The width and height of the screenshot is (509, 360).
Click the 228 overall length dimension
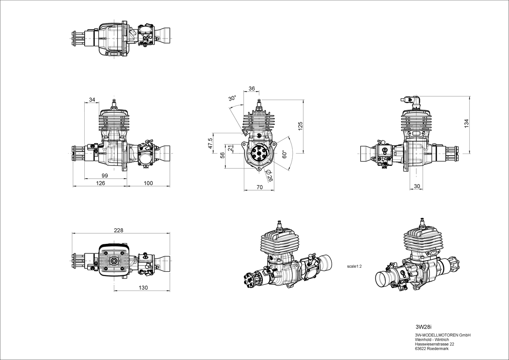point(119,230)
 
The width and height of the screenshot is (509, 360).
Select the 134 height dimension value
point(466,123)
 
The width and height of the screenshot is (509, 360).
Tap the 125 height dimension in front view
point(301,126)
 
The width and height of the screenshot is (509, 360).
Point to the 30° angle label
point(232,99)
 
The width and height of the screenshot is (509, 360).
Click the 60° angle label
point(284,154)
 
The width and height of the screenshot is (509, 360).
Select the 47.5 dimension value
point(211,143)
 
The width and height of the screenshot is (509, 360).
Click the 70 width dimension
point(260,187)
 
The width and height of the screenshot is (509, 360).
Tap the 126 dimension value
point(101,183)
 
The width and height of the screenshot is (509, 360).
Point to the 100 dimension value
point(148,183)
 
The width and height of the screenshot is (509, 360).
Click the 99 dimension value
point(105,175)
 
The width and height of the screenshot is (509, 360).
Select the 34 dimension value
point(92,99)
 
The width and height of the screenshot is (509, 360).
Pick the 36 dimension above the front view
point(252,89)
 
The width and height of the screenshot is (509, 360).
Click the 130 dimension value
point(143,288)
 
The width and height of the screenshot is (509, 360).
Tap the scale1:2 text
point(354,267)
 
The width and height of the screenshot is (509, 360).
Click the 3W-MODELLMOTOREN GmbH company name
point(443,335)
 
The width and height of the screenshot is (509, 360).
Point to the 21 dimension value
point(230,148)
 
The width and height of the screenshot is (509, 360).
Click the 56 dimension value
point(222,155)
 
